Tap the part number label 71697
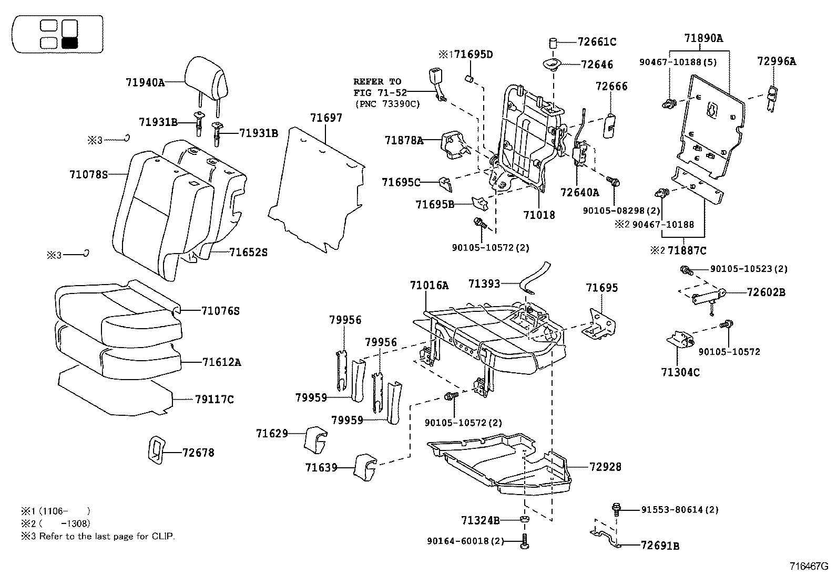(326, 118)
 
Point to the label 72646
(597, 65)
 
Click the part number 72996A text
(776, 61)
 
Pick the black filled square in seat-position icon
(70, 43)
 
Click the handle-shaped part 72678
(155, 450)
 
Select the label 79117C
(214, 400)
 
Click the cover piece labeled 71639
(364, 467)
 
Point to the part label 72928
(605, 466)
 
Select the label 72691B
(660, 546)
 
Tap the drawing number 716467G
(808, 566)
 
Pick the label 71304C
(680, 372)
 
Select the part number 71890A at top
(703, 38)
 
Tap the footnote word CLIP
(163, 537)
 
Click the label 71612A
(221, 362)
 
